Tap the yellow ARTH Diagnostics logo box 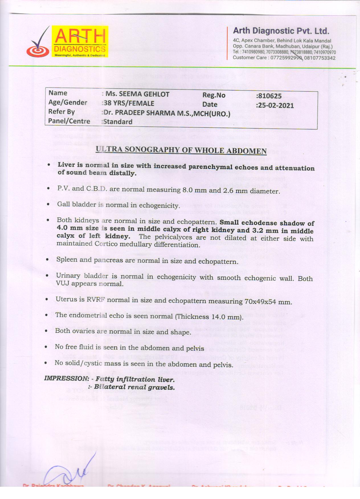[x=80, y=42]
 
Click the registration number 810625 [x=269, y=96]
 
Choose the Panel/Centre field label [x=69, y=121]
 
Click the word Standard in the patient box [x=118, y=122]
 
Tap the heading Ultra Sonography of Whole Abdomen [x=181, y=150]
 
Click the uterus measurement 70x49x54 [x=260, y=301]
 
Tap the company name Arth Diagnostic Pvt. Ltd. [x=281, y=31]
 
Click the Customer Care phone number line [x=284, y=58]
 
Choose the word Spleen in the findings [x=66, y=260]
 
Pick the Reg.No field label [x=214, y=95]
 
